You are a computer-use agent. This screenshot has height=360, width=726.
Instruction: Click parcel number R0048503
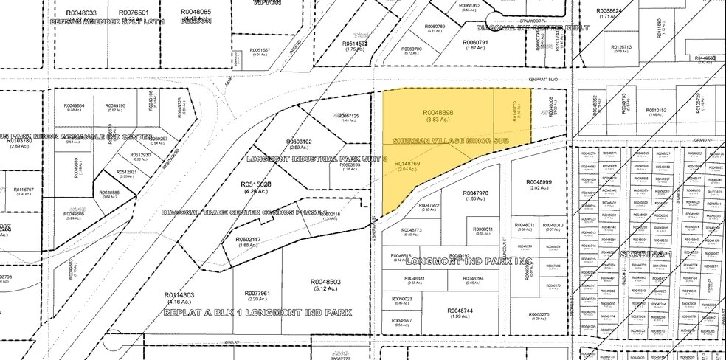pos(325,282)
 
